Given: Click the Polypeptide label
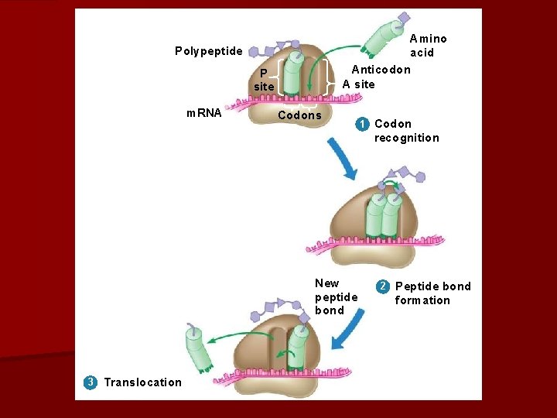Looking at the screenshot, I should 208,52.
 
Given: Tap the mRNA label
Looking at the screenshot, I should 204,113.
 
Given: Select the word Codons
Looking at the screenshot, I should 299,115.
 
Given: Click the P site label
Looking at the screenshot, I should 264,80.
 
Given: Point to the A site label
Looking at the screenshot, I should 358,84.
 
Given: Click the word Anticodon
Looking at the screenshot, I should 381,70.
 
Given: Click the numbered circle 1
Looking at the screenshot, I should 361,124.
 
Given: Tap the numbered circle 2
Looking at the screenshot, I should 382,286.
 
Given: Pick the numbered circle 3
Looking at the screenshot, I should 91,382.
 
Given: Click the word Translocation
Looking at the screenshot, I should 143,382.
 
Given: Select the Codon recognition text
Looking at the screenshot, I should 406,131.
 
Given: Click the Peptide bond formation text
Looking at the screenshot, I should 432,293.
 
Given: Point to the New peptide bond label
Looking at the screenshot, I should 336,297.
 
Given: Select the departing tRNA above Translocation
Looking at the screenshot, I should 199,348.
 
